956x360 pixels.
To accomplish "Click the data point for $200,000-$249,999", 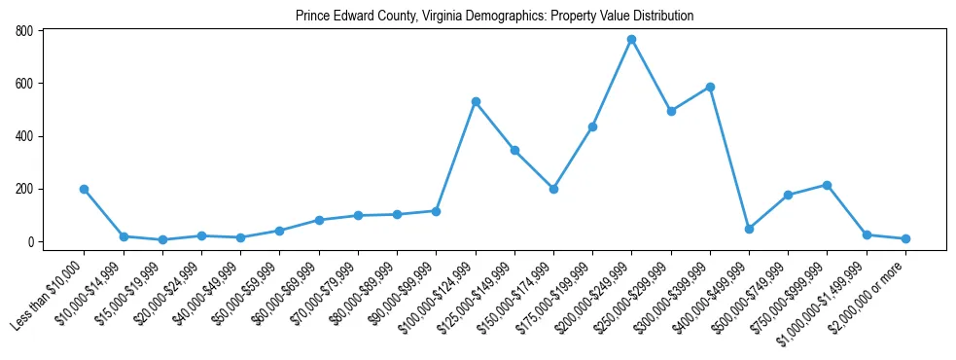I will click(631, 39).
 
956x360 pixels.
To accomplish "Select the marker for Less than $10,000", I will click(85, 189).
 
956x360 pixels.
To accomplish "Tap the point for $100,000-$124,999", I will click(476, 101).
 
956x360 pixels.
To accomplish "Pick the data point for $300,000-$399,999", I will click(710, 87).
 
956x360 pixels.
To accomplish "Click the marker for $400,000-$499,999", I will click(749, 229).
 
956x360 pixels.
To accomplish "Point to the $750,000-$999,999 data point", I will click(827, 185).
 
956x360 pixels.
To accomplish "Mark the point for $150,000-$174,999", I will click(553, 189).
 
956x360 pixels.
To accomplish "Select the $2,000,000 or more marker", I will click(905, 238).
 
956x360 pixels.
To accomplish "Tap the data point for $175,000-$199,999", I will click(592, 126).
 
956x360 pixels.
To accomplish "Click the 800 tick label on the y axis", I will click(24, 31).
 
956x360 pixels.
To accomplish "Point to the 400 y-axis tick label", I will click(24, 136).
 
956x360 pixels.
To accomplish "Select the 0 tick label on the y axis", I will click(31, 241).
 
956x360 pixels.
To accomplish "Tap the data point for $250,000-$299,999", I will click(671, 111).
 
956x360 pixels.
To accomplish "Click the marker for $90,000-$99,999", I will click(436, 211).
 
